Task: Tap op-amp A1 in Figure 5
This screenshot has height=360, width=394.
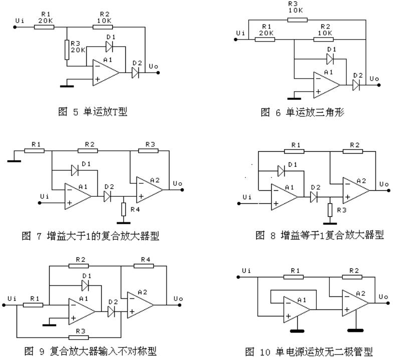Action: [x=104, y=72]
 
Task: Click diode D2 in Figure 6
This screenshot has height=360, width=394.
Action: [x=356, y=86]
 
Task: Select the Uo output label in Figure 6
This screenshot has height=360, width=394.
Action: [x=374, y=79]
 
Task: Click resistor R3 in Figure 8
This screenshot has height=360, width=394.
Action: [x=329, y=208]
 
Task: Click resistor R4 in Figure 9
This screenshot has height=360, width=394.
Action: [x=145, y=266]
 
